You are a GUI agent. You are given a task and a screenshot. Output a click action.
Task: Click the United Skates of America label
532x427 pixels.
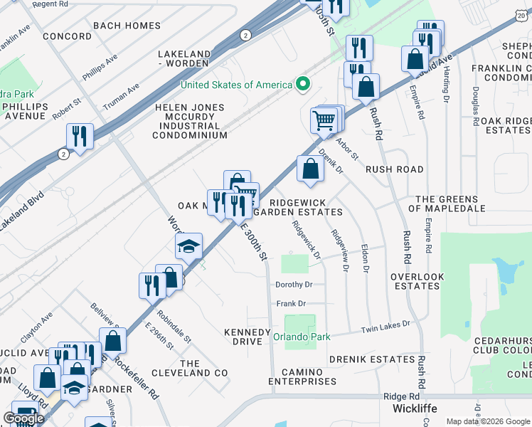236,85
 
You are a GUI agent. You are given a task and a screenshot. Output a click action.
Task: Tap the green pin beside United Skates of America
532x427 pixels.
303,85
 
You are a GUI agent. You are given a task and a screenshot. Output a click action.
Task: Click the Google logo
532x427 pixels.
23,418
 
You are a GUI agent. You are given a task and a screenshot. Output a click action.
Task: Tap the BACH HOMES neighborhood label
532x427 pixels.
127,26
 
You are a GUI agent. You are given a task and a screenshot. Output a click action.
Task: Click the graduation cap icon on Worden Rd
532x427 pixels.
188,246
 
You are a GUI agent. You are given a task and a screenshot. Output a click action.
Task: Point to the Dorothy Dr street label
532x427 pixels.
294,285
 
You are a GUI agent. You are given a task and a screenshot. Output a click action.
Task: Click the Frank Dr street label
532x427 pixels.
291,304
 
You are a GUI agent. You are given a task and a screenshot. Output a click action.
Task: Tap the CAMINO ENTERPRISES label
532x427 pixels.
302,376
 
